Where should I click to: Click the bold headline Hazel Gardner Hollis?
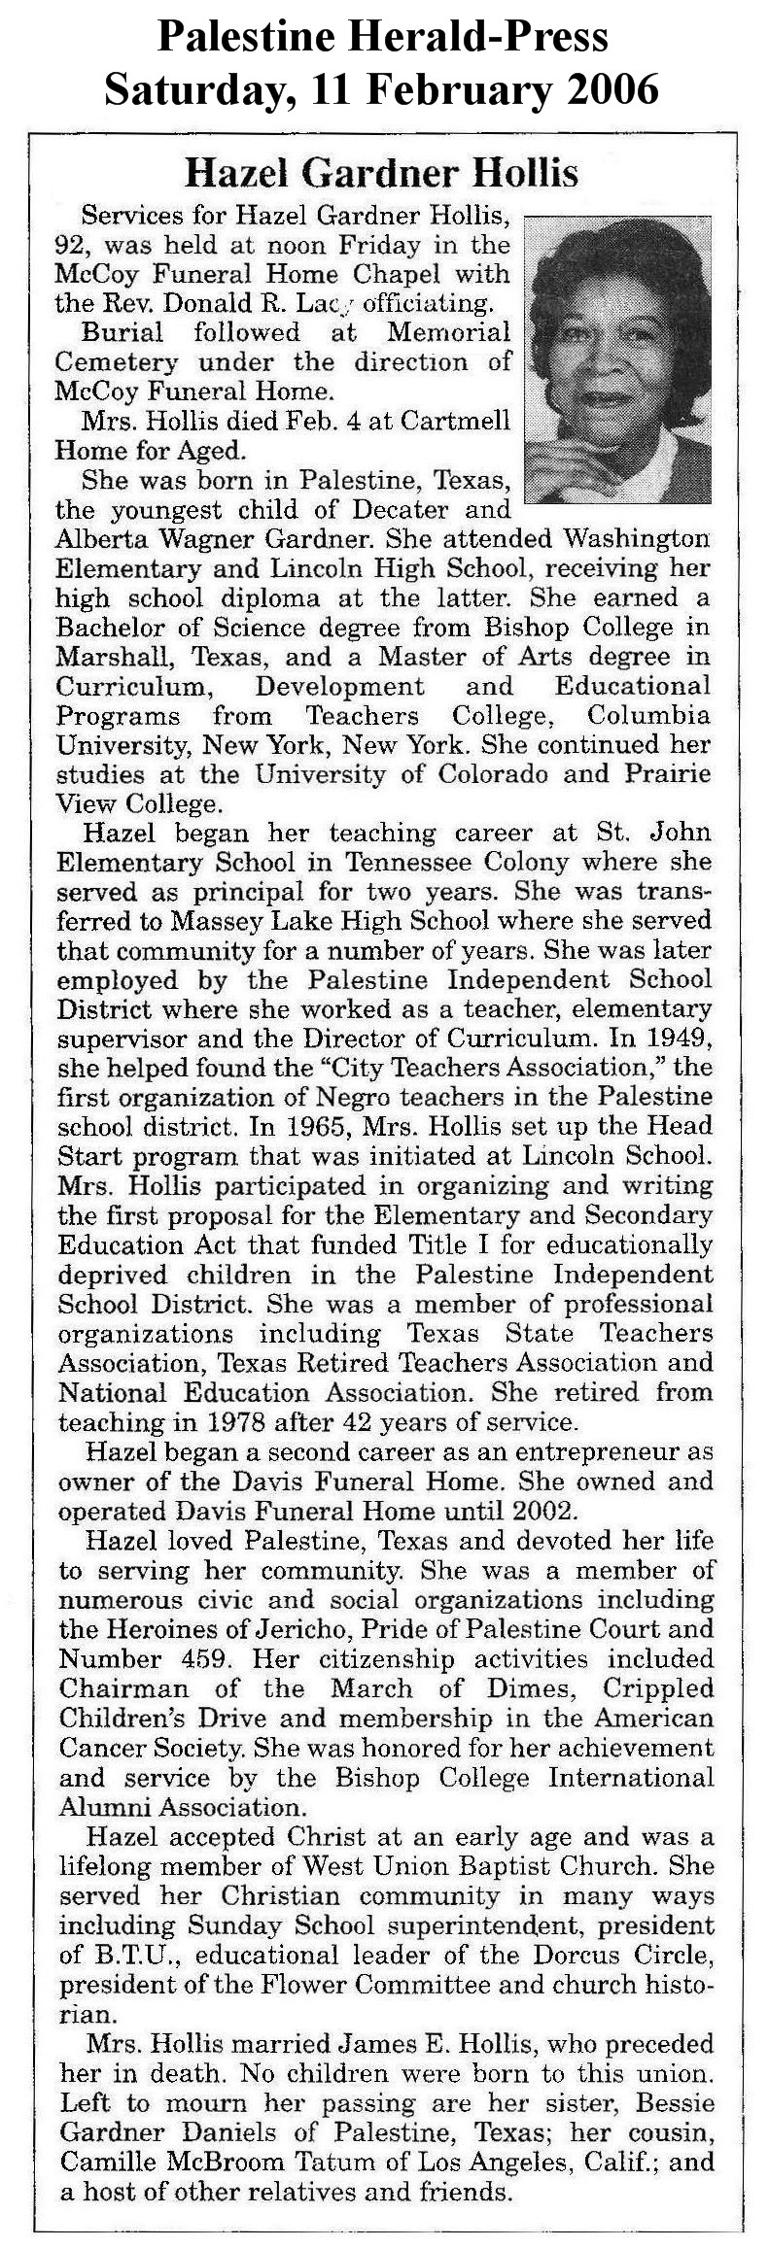pos(382,173)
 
